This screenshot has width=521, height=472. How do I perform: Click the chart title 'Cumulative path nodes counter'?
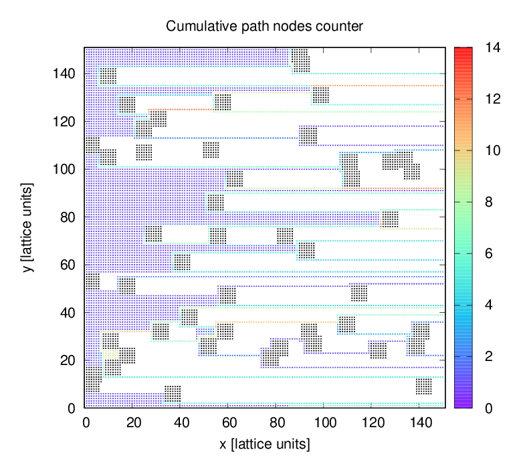coord(264,27)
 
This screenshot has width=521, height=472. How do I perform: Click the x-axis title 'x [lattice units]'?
coord(264,443)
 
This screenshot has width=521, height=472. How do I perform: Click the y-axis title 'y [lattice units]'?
coord(27,227)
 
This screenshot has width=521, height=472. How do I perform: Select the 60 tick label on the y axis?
coord(69,265)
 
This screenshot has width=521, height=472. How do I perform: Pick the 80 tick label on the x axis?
coord(277,423)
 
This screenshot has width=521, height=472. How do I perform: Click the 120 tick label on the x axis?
coord(373,423)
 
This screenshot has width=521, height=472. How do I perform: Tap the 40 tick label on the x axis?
coord(181,423)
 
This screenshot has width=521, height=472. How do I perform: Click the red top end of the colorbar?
coord(463,50)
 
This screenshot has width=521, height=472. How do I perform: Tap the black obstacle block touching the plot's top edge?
coord(300,59)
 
